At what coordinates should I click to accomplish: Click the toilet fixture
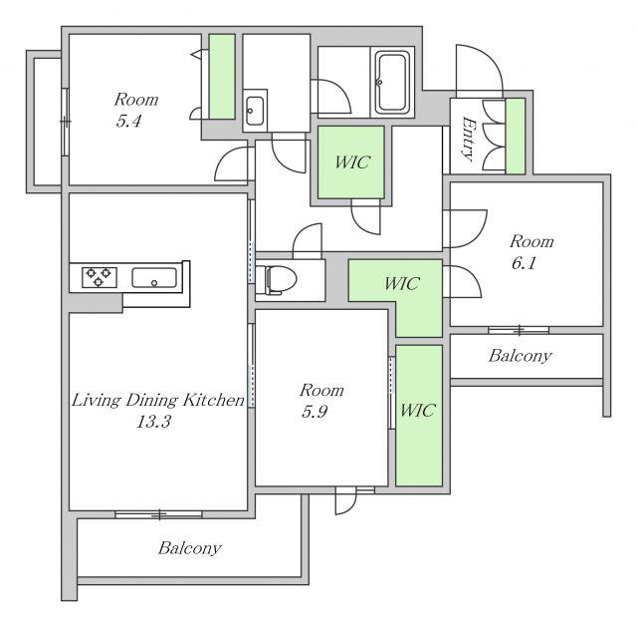click(x=280, y=279)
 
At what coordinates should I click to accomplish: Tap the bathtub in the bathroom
click(x=391, y=82)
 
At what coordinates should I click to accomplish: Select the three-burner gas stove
click(x=100, y=277)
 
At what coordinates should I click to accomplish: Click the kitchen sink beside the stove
click(x=154, y=278)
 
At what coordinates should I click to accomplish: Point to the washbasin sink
click(x=255, y=111)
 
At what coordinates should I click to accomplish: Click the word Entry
click(x=469, y=140)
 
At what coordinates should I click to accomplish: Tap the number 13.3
click(x=153, y=422)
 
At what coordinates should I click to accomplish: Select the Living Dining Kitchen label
click(x=158, y=400)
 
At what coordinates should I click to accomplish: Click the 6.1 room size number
click(x=524, y=263)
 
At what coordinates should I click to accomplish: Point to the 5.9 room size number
click(x=315, y=412)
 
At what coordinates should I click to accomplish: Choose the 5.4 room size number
click(x=128, y=121)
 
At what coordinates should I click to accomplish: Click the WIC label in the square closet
click(x=352, y=162)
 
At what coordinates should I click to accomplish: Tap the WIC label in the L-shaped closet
click(x=401, y=283)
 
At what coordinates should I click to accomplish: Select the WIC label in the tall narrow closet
click(x=418, y=410)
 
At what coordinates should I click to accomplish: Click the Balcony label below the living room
click(x=190, y=548)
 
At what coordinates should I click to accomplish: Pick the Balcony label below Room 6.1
click(x=520, y=356)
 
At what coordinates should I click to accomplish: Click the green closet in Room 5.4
click(x=222, y=77)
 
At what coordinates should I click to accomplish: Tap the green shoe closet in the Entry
click(x=516, y=137)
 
